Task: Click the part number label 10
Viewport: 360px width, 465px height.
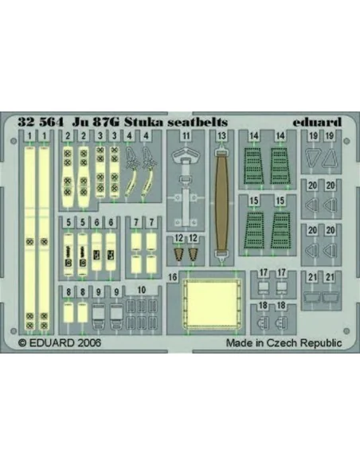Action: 142,290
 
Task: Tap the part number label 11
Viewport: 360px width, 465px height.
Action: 186,136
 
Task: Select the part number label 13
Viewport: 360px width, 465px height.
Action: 221,136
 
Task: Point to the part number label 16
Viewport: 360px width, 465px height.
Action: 173,277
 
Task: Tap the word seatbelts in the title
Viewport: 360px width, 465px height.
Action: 198,122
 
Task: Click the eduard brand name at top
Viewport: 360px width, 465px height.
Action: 317,122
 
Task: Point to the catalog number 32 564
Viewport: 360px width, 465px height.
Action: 41,122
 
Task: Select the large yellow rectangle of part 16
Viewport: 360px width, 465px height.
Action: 213,303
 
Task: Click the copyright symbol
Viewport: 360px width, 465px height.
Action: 22,343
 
